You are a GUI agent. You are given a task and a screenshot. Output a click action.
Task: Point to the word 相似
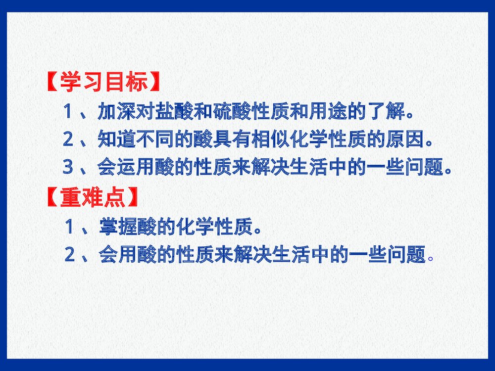(270, 139)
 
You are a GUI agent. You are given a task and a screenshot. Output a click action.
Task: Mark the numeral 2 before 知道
(68, 139)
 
